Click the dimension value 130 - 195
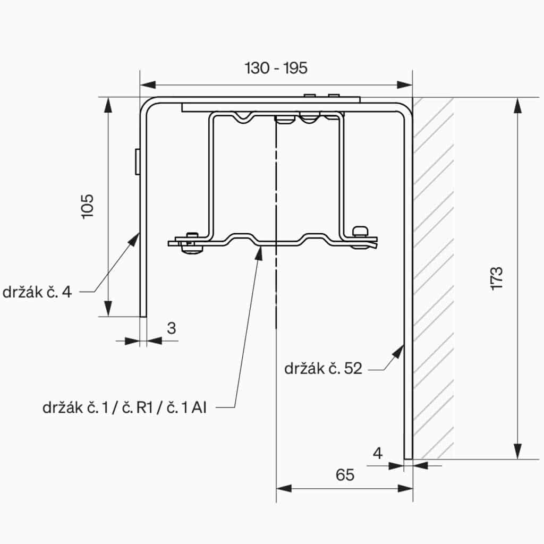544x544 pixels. coord(276,68)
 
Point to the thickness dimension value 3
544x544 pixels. coord(171,328)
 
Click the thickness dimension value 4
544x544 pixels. coord(378,453)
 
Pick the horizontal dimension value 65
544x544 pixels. coord(345,474)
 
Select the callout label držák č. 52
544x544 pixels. coord(323,368)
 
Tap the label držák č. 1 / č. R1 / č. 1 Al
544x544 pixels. coord(125,408)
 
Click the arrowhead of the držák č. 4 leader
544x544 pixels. coord(135,237)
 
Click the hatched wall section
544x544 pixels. coord(433,276)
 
